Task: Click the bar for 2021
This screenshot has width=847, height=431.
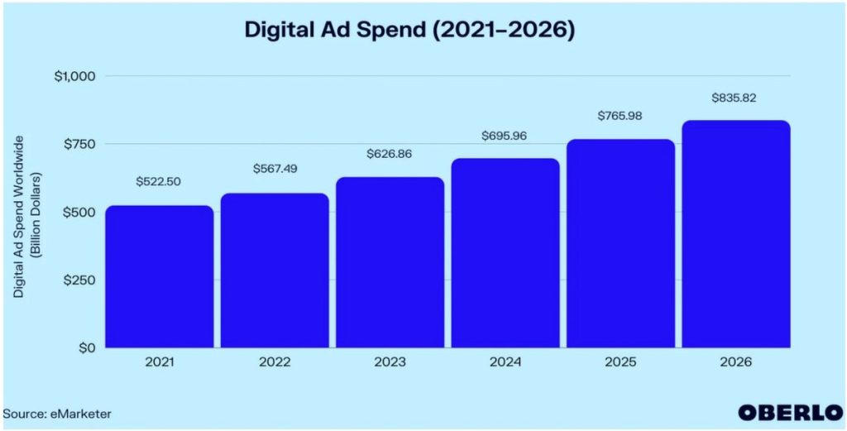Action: coord(159,276)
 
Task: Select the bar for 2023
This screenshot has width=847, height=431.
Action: coord(390,262)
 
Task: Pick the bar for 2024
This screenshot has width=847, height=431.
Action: coord(505,252)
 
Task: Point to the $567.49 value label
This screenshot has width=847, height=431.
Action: coord(275,169)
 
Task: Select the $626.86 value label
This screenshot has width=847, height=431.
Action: coord(390,154)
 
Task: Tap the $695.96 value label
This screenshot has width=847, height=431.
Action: coord(505,136)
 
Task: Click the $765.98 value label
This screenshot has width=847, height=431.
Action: coord(620,116)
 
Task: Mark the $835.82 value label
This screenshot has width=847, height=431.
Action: coord(735,98)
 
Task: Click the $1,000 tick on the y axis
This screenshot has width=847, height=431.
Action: coord(74,76)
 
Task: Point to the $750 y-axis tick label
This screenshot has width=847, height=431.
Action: coord(79,144)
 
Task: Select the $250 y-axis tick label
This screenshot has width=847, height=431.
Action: coord(79,280)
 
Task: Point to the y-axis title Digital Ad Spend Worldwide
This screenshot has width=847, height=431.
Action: coord(26,214)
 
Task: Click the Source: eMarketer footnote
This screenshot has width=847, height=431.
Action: coord(56,413)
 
